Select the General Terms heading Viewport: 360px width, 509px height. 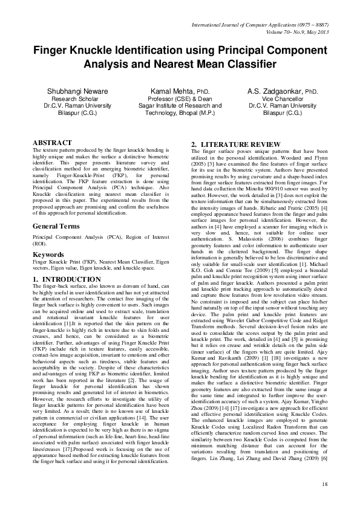tap(56, 225)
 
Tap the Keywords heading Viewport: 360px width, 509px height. tap(48, 254)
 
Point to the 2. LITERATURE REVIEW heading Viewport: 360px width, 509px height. tap(231, 143)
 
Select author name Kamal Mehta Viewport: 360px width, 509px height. tap(172, 91)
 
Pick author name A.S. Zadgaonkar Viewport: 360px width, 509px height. tap(274, 91)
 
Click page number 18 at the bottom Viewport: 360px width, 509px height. tap(325, 484)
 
